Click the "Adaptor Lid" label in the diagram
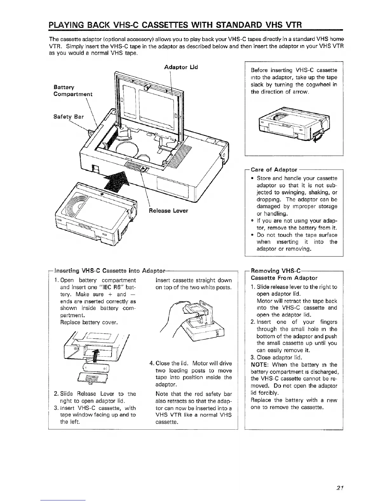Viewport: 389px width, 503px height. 181,67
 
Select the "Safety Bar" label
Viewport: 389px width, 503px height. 69,117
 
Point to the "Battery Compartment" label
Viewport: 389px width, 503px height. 73,91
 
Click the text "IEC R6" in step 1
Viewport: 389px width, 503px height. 108,287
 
